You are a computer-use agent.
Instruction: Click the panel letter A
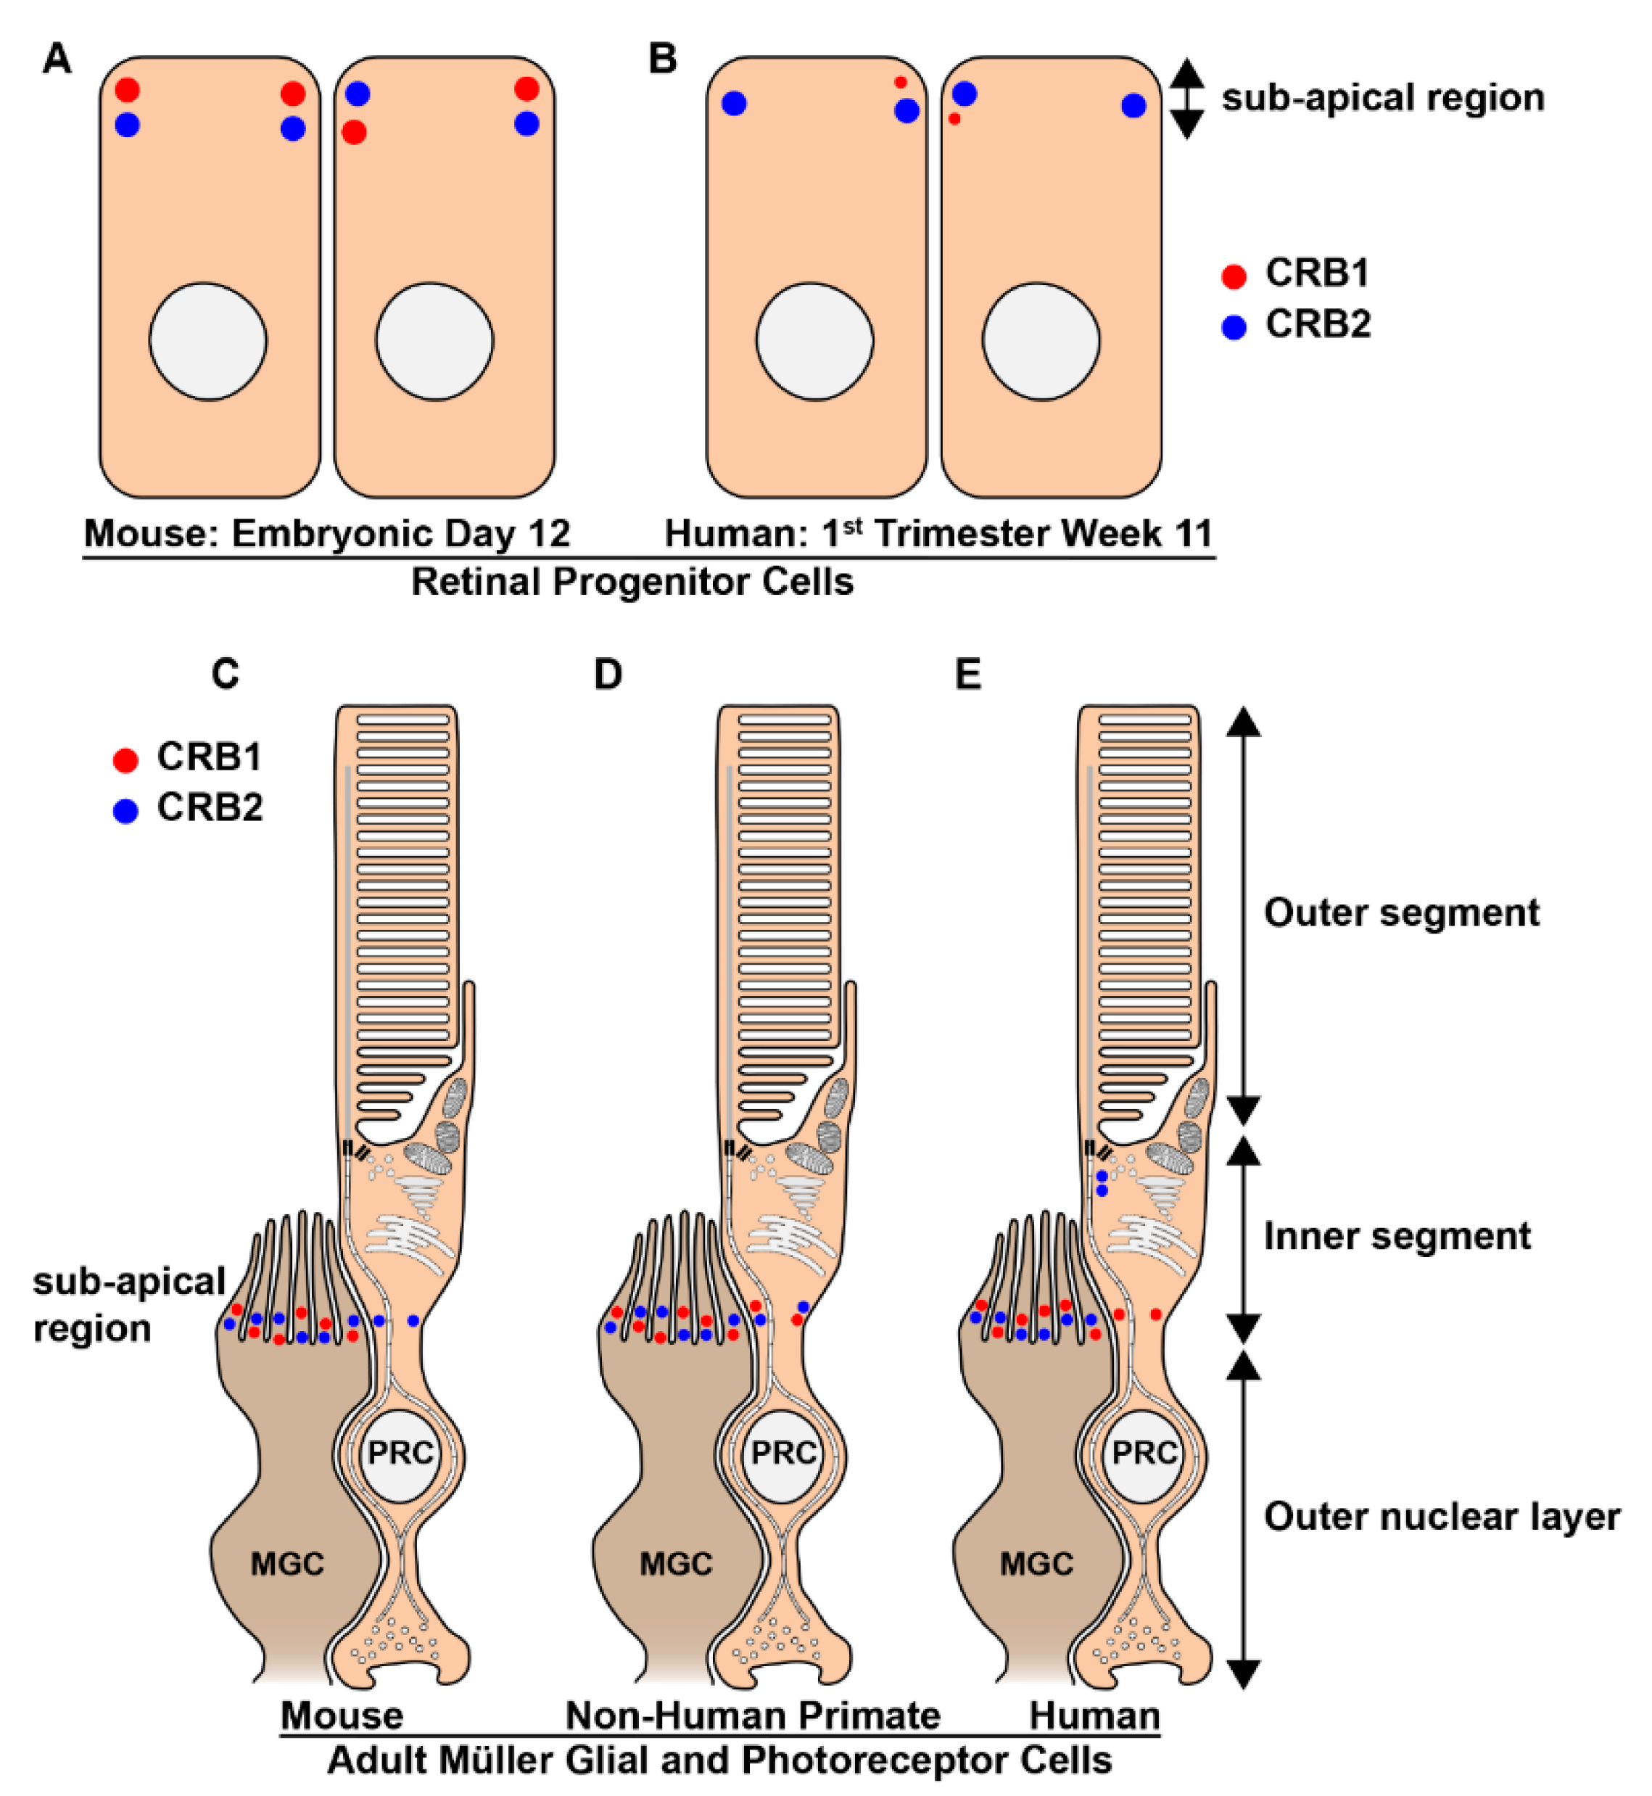[57, 60]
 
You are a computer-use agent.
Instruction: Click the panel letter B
[662, 60]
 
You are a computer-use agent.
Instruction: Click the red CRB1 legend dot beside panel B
[1234, 277]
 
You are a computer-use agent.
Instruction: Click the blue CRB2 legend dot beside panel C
[126, 811]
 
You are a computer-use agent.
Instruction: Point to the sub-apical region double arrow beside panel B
[1186, 99]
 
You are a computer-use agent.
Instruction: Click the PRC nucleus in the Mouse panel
[400, 1454]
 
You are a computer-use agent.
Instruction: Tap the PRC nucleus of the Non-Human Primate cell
[784, 1454]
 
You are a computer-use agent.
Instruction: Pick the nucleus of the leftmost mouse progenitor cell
[207, 342]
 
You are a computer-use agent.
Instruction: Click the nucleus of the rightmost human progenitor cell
[1041, 342]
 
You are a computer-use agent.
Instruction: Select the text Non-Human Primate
[753, 1715]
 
